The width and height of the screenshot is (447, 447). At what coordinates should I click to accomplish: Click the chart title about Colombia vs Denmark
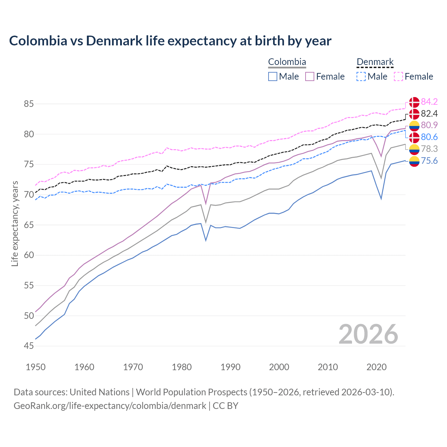pos(170,41)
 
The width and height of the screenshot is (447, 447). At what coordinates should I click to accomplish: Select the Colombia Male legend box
pos(273,76)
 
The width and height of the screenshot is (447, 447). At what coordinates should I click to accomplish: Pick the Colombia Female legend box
pos(310,76)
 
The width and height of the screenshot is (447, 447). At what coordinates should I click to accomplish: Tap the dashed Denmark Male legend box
pos(361,76)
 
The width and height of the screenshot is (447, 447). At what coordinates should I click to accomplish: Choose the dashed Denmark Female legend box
pos(398,76)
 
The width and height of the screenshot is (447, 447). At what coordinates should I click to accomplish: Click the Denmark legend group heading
pos(375,62)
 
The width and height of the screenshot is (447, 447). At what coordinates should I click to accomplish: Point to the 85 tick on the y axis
pos(29,104)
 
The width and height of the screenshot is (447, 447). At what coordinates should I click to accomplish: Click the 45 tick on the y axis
pos(29,346)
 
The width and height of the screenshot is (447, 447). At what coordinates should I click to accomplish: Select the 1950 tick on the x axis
pos(36,367)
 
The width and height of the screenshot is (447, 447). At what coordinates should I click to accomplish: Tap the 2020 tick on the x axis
pos(376,367)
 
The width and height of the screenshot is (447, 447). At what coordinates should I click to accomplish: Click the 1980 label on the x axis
pos(182,367)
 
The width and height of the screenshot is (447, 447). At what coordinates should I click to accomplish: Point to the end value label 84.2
pos(429,102)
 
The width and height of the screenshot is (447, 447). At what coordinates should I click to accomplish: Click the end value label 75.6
pos(429,161)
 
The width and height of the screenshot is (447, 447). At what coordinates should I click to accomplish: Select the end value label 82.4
pos(429,113)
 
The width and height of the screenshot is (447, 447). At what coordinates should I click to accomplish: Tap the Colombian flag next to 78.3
pos(414,149)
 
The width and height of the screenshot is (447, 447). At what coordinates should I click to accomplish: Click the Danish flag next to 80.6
pos(414,137)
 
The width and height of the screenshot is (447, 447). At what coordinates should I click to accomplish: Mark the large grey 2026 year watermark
pos(368,334)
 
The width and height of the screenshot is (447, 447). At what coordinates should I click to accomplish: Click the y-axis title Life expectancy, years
pos(15,223)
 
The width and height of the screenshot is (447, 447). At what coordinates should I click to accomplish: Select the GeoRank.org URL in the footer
pos(110,406)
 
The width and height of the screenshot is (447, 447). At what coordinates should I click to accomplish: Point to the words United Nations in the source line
pos(100,392)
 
